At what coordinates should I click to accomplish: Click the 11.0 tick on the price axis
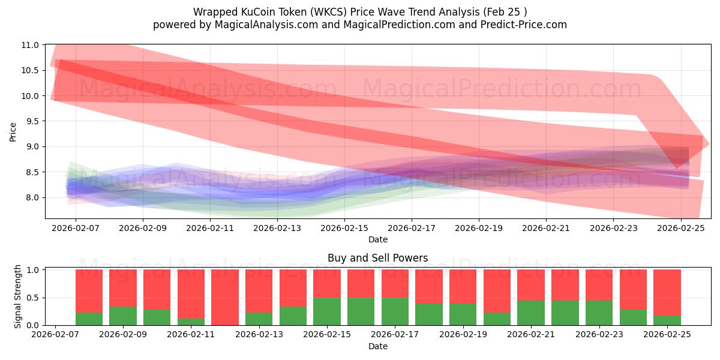click(x=31, y=45)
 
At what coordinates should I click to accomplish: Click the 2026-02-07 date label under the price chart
click(x=76, y=228)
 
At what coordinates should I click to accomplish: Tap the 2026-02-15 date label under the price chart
click(x=344, y=228)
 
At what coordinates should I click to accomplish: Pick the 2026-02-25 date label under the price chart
click(x=680, y=228)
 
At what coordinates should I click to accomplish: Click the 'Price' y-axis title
click(x=13, y=131)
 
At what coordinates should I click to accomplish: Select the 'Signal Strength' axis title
click(x=18, y=296)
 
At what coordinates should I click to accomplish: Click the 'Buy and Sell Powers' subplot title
click(x=377, y=258)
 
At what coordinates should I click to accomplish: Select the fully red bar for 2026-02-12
click(x=225, y=297)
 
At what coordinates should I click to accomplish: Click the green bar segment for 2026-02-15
click(x=327, y=311)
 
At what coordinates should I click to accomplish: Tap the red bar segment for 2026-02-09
click(x=123, y=288)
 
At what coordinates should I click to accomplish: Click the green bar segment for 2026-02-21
click(x=531, y=313)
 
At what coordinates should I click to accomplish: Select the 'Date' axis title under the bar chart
click(x=377, y=346)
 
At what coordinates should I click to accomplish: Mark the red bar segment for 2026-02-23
click(x=599, y=285)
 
